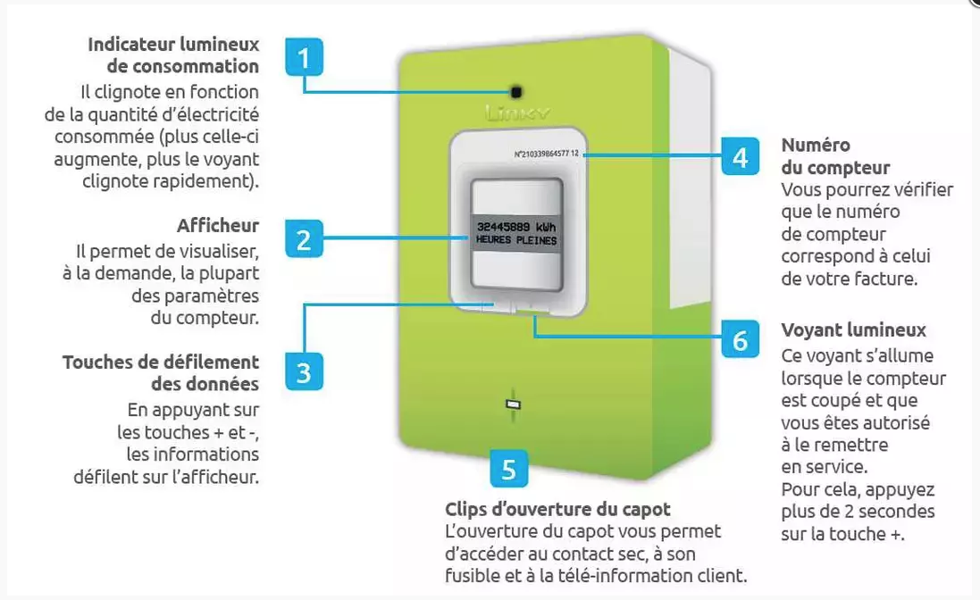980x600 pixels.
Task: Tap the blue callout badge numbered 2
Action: pos(304,240)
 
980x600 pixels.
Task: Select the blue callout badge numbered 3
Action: pos(304,371)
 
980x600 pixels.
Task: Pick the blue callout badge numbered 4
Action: pos(740,157)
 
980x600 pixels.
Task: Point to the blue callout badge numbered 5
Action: pos(508,468)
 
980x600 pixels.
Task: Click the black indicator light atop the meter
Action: pos(516,93)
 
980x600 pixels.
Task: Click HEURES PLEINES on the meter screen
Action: pos(516,240)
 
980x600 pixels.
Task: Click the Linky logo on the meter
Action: pos(516,114)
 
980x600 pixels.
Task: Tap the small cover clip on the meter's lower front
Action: pos(513,404)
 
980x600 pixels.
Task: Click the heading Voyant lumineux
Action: pos(853,329)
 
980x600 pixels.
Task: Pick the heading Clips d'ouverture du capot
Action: pos(557,509)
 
